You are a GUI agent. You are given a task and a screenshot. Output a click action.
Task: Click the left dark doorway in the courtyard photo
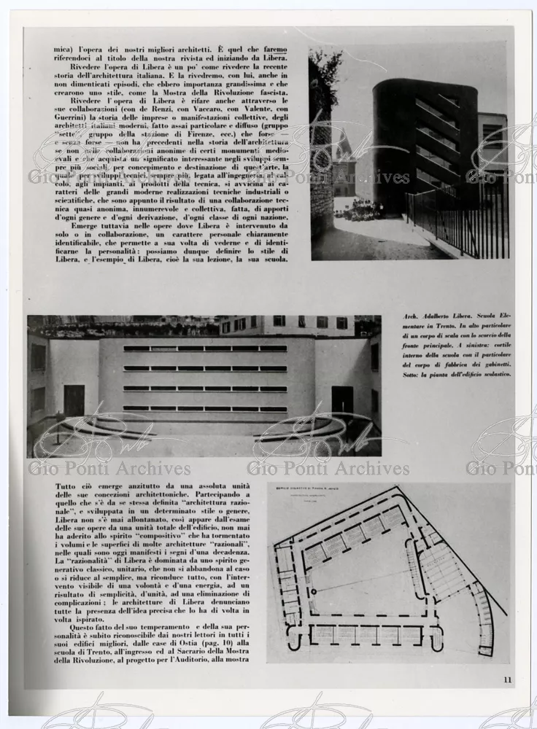[74, 400]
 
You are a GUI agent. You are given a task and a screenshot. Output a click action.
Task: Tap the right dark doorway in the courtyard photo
[342, 399]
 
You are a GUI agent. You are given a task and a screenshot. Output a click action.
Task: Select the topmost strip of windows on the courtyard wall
[205, 348]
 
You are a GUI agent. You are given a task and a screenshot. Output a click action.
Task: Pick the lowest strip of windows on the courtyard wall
[205, 408]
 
